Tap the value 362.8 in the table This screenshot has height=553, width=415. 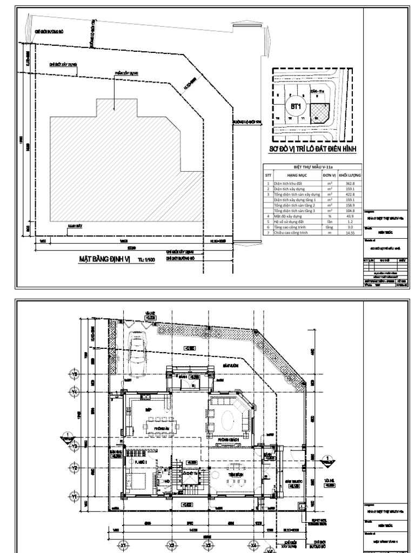350,184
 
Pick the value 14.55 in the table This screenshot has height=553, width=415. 350,232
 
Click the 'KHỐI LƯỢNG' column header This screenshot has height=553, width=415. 350,176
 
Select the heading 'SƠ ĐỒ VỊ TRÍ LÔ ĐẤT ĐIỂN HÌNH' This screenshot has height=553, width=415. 314,149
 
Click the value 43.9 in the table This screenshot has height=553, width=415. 350,216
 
